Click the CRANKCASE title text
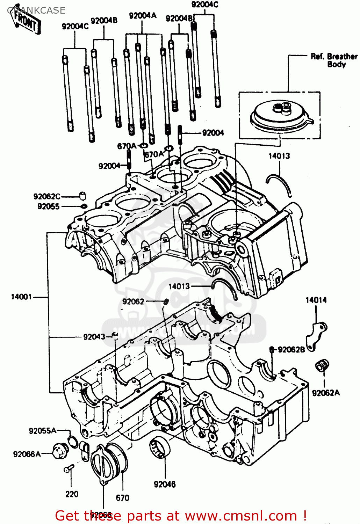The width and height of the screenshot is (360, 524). pos(36,10)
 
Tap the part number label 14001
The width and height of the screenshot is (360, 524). pos(21,297)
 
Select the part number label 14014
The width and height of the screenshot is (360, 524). pos(316,300)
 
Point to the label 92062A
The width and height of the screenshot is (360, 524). pos(325,393)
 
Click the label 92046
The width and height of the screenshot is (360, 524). pos(165,484)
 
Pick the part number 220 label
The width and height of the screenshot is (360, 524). pos(72,494)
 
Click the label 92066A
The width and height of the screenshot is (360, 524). pos(27,454)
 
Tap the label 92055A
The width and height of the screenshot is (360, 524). pos(42,431)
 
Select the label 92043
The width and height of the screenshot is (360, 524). pos(94,337)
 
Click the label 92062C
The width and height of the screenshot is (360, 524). pos(47,197)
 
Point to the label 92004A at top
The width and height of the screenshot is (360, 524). pos(143,16)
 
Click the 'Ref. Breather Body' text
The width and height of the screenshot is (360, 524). pos(334,60)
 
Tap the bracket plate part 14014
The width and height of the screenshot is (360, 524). pos(316,335)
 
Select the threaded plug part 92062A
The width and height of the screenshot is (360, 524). pos(322,366)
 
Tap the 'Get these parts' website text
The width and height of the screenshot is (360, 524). pos(181,516)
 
